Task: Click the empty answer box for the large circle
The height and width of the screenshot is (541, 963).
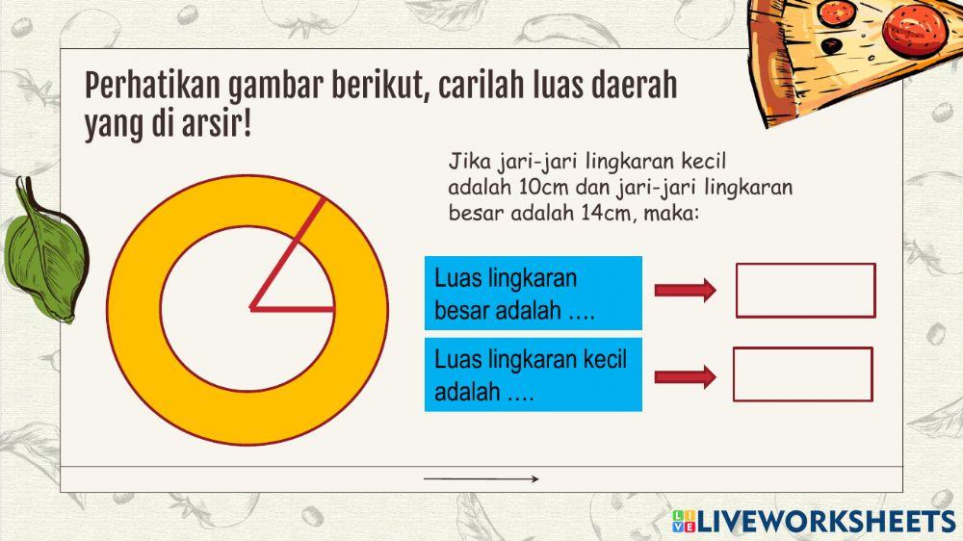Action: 805,290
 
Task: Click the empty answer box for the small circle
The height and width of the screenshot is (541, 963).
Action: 802,374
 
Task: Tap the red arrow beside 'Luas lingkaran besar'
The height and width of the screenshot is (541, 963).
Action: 685,290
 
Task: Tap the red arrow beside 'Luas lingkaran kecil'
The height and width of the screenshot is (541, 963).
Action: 685,376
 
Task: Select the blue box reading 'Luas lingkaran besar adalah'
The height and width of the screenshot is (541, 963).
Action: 533,294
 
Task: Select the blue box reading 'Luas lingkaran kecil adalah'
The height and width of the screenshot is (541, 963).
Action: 533,375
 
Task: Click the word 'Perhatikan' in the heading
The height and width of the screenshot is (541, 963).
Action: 152,87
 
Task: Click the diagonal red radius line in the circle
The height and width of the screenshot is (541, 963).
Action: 287,255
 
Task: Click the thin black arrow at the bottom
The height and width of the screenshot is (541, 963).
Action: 481,478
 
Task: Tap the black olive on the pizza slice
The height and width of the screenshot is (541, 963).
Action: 835,44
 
